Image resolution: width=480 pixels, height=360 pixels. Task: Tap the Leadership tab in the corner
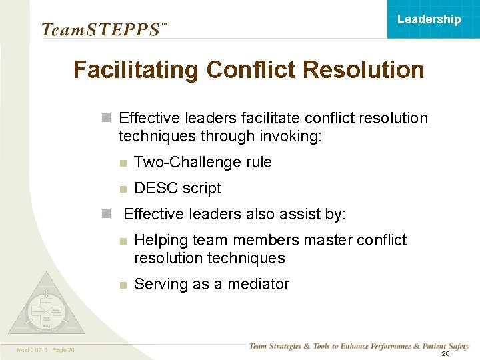coord(429,19)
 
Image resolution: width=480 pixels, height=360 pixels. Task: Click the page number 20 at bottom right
coord(445,354)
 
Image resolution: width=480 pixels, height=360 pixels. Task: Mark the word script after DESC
coord(202,188)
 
